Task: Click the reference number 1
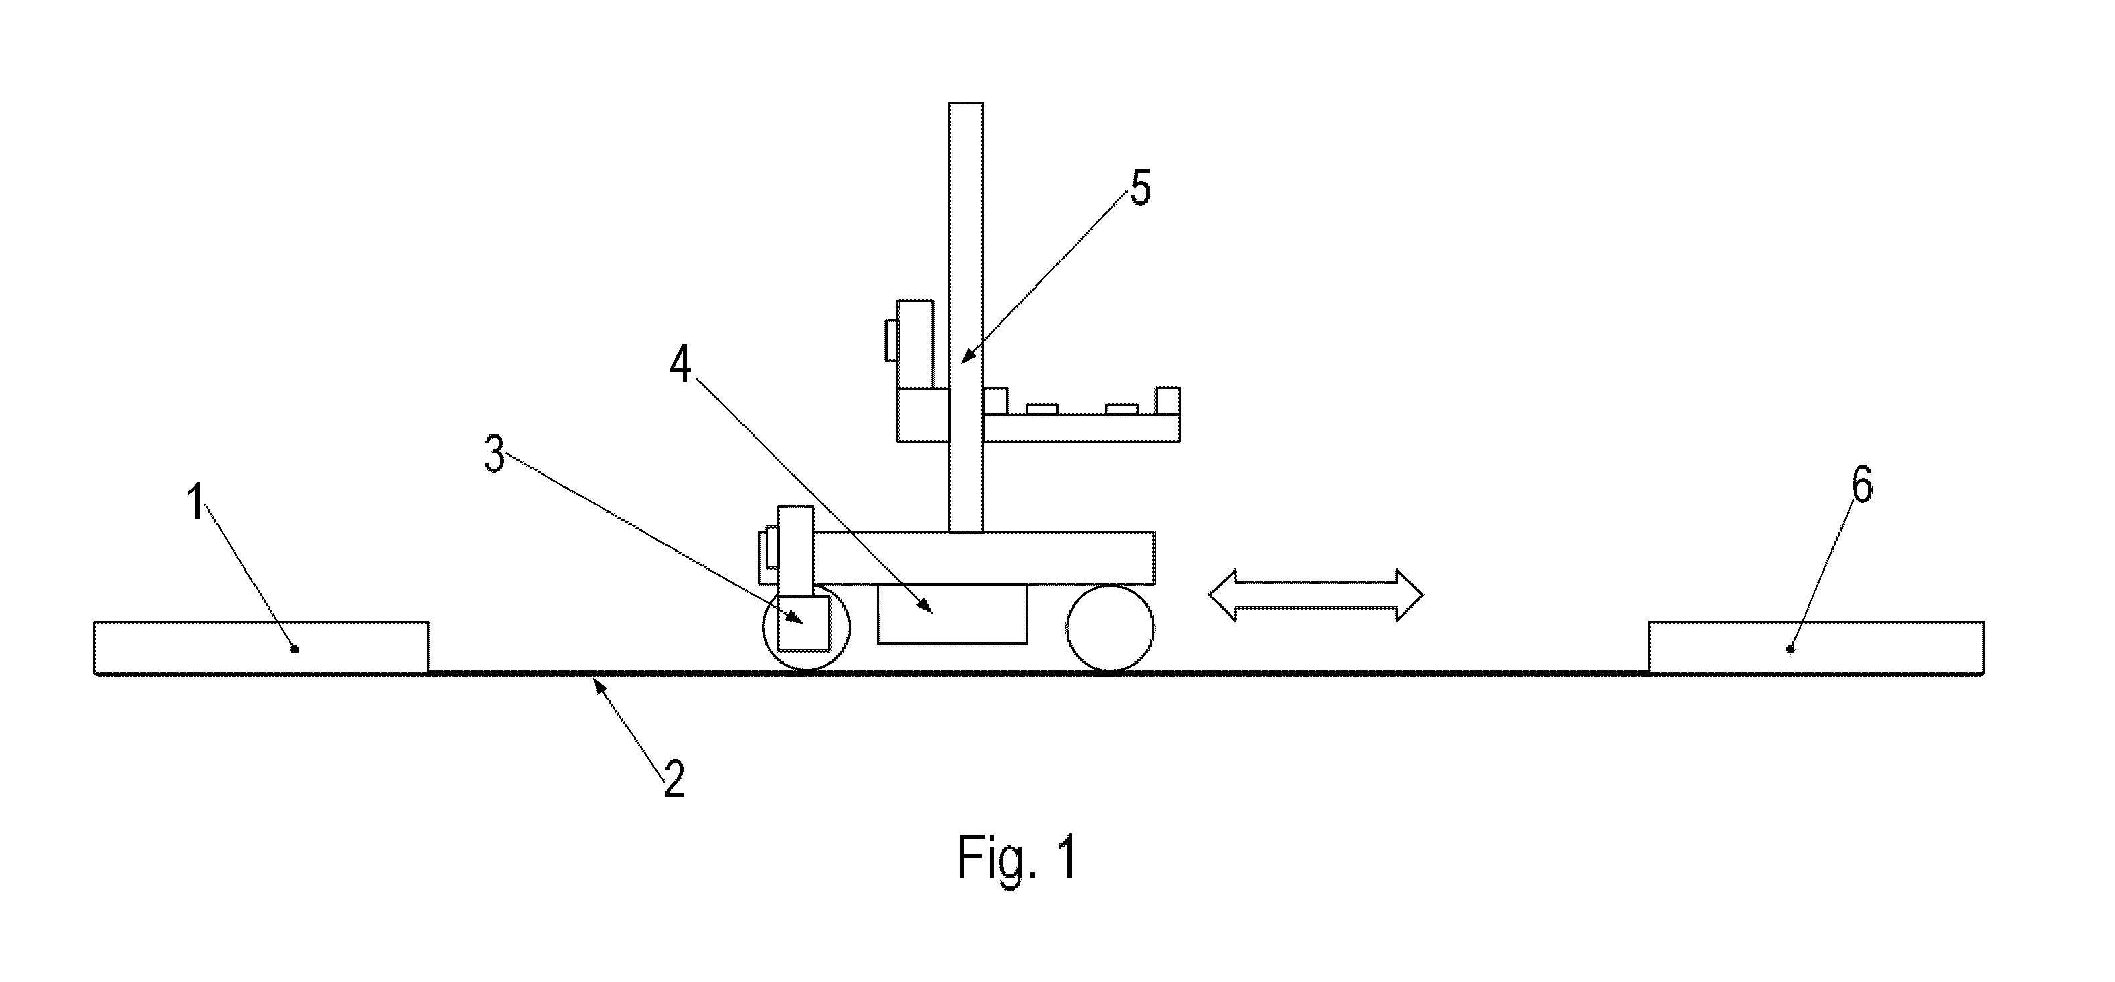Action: tap(195, 503)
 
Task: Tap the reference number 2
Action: tap(674, 779)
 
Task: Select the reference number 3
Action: tap(494, 454)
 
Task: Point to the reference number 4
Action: tap(680, 363)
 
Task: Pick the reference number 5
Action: tap(1140, 188)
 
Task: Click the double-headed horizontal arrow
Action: tap(1316, 594)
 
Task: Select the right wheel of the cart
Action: tap(1109, 628)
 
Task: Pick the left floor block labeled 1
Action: tap(261, 648)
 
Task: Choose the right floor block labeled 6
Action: tap(1817, 648)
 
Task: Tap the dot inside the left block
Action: tap(295, 649)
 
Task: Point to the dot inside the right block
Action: tap(1791, 649)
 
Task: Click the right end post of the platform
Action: tap(1168, 401)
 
